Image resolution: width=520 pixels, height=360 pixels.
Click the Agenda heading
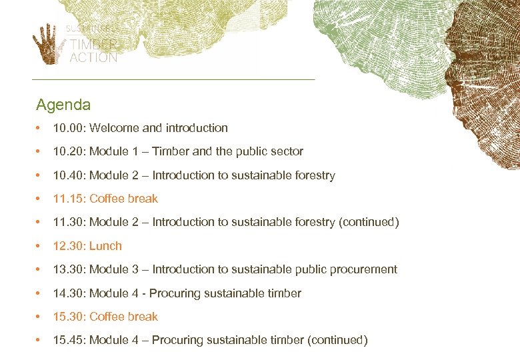coord(63,105)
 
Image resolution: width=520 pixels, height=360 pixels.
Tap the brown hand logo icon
coord(49,44)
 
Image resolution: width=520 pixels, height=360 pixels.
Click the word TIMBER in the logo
coord(93,45)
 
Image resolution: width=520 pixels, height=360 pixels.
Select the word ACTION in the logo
coord(93,57)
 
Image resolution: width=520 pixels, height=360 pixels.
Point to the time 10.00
coord(68,128)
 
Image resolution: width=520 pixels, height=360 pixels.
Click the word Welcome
coord(114,128)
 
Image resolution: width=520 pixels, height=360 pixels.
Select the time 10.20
coord(68,151)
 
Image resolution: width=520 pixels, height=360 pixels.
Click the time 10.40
coord(68,175)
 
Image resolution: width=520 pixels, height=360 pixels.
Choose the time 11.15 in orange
coord(68,199)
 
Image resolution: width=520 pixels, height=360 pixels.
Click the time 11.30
coord(68,222)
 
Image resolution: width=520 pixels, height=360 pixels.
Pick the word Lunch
coord(105,246)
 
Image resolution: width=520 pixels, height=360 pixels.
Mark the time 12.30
coord(68,246)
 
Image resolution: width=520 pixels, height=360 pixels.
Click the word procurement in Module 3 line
coord(361,269)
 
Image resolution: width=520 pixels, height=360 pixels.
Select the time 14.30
coord(68,293)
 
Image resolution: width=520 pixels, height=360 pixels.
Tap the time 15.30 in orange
coord(68,317)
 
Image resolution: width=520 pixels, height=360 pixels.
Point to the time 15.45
coord(68,340)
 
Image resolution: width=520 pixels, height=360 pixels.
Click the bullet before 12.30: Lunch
coord(40,246)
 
